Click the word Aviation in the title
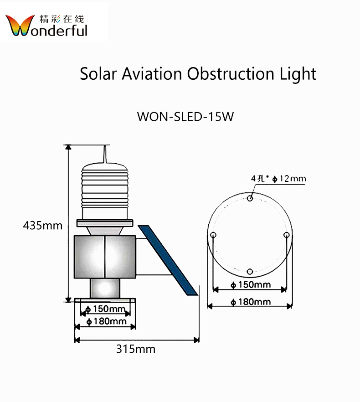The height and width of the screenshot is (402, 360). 152,73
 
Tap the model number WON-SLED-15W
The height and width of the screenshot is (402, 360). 185,116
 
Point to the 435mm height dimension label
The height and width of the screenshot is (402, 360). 42,225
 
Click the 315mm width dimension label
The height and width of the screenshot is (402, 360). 135,349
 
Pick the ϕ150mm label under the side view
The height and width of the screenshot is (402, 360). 106,309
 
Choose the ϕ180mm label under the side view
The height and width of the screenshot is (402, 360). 106,321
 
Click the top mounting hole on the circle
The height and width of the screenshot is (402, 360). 250,198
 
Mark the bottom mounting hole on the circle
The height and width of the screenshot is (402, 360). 250,272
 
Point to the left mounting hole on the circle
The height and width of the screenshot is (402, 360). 213,235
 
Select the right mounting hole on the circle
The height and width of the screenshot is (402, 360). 286,235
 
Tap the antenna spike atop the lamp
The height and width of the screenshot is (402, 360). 106,155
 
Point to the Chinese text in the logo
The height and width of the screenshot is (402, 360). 62,20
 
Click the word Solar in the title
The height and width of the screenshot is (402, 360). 98,73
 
